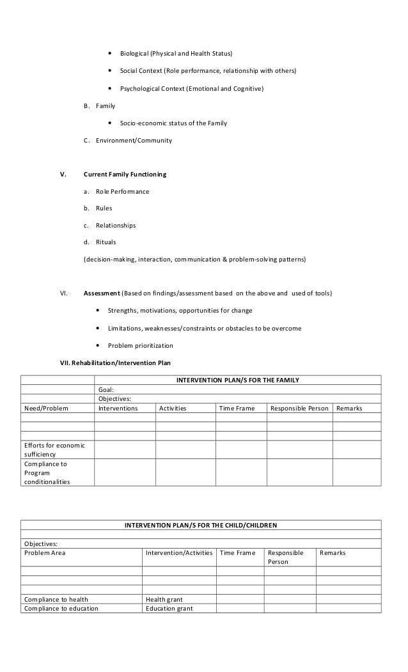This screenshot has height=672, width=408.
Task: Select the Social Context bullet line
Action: [x=208, y=70]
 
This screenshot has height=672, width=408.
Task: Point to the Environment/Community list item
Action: [x=134, y=140]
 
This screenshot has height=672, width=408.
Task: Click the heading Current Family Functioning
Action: [x=125, y=174]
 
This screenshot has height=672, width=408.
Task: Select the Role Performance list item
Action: [x=122, y=191]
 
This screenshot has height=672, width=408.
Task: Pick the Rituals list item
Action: [x=106, y=242]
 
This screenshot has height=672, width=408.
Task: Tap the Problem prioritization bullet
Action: [x=140, y=346]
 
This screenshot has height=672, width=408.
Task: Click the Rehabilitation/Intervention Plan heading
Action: [x=115, y=363]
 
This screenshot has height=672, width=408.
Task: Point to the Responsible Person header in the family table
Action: [x=299, y=408]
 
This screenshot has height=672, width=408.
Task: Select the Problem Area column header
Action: [x=44, y=552]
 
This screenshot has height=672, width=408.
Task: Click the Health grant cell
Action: [x=164, y=599]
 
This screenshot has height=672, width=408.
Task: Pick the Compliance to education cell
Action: [x=61, y=609]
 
